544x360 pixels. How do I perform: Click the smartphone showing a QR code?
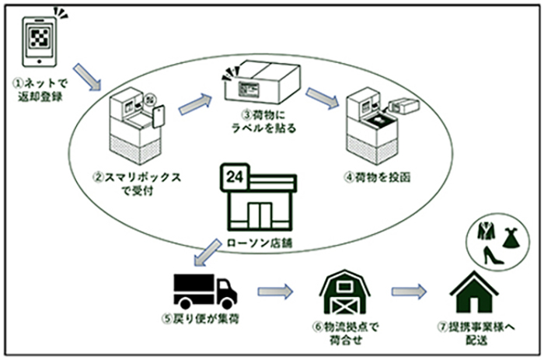pyautogui.click(x=39, y=42)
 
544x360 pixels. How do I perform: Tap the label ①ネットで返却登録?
pyautogui.click(x=40, y=90)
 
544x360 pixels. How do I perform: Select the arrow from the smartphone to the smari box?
pyautogui.click(x=87, y=77)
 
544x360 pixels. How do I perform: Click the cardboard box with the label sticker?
pyautogui.click(x=261, y=82)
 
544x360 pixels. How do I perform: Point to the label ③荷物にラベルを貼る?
pyautogui.click(x=263, y=121)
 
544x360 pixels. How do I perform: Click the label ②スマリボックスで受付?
pyautogui.click(x=138, y=184)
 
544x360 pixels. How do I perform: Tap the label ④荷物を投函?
pyautogui.click(x=378, y=177)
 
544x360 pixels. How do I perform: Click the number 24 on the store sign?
pyautogui.click(x=235, y=177)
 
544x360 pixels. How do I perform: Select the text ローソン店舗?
pyautogui.click(x=260, y=243)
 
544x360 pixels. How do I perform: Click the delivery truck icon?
pyautogui.click(x=205, y=292)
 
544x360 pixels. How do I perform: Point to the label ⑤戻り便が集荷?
pyautogui.click(x=201, y=319)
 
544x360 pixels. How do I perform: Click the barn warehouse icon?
pyautogui.click(x=345, y=292)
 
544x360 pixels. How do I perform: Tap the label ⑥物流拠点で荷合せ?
pyautogui.click(x=346, y=334)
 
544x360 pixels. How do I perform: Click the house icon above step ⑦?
pyautogui.click(x=474, y=292)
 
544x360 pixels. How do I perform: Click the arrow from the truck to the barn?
pyautogui.click(x=275, y=291)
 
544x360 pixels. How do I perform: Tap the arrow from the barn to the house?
pyautogui.click(x=409, y=292)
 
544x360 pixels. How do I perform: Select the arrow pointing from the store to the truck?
pyautogui.click(x=207, y=253)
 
